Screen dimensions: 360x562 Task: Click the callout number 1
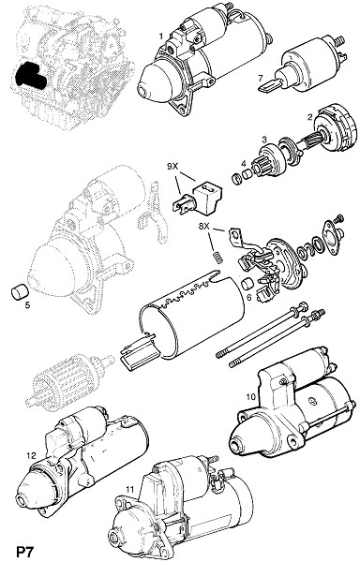(161, 36)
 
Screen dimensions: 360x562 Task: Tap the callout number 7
(261, 78)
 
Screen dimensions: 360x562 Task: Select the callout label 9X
(173, 167)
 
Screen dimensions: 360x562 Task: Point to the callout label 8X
(204, 227)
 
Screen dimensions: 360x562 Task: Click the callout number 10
(251, 397)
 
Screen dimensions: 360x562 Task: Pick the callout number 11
(129, 489)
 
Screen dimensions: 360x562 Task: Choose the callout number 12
(31, 455)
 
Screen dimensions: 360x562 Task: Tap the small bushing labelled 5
(19, 291)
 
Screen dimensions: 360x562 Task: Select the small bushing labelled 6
(247, 283)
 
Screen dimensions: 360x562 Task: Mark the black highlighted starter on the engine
(30, 75)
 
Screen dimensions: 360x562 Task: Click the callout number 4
(244, 164)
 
